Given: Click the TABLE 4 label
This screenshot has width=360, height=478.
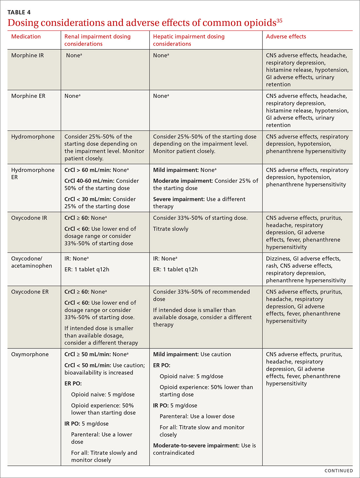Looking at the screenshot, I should [x=19, y=12].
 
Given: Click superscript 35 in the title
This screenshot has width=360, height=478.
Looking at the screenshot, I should [x=279, y=21].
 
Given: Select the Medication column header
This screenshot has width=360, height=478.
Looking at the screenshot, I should [x=26, y=37].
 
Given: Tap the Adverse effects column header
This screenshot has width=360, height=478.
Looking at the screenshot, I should [x=286, y=37].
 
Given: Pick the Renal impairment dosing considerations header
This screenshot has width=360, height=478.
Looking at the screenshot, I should [x=97, y=40].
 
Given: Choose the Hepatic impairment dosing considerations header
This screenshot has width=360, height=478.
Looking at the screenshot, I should [x=189, y=40].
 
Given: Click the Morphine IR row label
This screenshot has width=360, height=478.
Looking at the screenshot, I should [x=27, y=56].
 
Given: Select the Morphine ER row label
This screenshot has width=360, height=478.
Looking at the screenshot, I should [x=28, y=96].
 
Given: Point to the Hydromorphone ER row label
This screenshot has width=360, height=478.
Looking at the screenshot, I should [x=33, y=173].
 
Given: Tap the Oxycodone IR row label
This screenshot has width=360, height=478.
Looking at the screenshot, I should [x=29, y=218].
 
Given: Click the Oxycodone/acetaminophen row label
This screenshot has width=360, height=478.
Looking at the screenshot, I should [x=31, y=262].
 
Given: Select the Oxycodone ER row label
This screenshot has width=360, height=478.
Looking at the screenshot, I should [x=30, y=292].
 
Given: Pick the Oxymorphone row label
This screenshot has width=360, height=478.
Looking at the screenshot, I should [x=30, y=354].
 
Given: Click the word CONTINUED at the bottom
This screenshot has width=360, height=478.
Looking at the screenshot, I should [x=338, y=471].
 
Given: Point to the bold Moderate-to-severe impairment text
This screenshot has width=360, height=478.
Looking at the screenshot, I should [x=196, y=446].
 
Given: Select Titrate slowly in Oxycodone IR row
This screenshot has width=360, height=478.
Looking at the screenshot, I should [x=171, y=229].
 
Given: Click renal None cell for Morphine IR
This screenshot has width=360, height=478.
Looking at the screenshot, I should [x=74, y=56].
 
